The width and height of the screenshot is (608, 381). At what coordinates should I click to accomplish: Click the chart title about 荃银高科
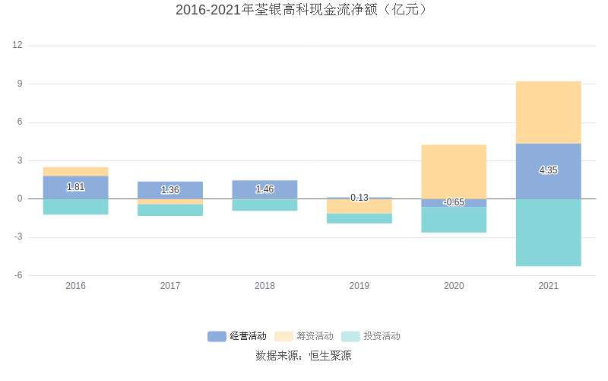coord(303,10)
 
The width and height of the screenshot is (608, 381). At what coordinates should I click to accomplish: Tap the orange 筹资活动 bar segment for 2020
coord(454,171)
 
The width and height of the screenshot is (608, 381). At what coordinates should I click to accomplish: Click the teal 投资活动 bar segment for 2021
coord(548,232)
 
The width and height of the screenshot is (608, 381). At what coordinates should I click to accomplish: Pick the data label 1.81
coord(75,187)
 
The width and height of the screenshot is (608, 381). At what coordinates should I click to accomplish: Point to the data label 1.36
coord(170,190)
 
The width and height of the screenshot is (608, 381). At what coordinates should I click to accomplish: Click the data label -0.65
coord(454,202)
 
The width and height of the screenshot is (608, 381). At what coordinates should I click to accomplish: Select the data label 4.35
coord(548,170)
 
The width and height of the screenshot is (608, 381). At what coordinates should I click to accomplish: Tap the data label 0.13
coord(359,198)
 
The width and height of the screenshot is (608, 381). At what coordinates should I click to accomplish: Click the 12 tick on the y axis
coord(17,46)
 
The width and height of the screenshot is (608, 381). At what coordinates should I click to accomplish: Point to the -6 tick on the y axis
coord(17,275)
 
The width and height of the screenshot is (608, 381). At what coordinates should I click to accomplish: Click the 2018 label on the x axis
coord(264,286)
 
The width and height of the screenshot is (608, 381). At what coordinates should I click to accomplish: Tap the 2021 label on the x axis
coord(548,286)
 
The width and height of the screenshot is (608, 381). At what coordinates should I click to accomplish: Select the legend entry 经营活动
coord(238,336)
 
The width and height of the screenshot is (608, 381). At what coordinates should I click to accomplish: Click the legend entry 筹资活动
coord(305,336)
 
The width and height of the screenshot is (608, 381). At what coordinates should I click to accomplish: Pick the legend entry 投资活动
coord(372,336)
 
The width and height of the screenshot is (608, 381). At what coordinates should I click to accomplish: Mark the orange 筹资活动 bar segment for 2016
coord(75,172)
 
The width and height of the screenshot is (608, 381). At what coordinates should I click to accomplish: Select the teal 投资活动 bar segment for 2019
coord(359,218)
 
